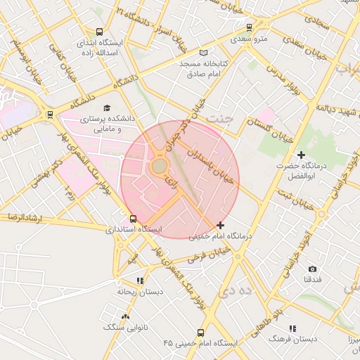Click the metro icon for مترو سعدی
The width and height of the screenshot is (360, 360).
click(250, 28)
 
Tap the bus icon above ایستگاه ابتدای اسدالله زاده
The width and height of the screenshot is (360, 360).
click(99, 32)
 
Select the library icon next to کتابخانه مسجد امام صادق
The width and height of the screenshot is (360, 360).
click(204, 53)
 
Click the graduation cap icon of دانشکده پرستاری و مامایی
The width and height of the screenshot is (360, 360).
click(107, 108)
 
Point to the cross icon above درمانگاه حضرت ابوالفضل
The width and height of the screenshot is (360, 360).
click(302, 154)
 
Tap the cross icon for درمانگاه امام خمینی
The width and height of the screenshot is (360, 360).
click(221, 225)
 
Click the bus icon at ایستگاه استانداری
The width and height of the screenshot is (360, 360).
click(134, 219)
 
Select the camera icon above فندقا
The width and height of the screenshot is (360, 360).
click(312, 269)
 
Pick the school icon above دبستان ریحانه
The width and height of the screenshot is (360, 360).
click(140, 280)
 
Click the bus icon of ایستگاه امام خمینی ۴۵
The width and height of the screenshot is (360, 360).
click(201, 333)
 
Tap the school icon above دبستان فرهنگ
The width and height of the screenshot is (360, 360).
click(292, 328)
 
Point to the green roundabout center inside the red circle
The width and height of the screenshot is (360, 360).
click(159, 167)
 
